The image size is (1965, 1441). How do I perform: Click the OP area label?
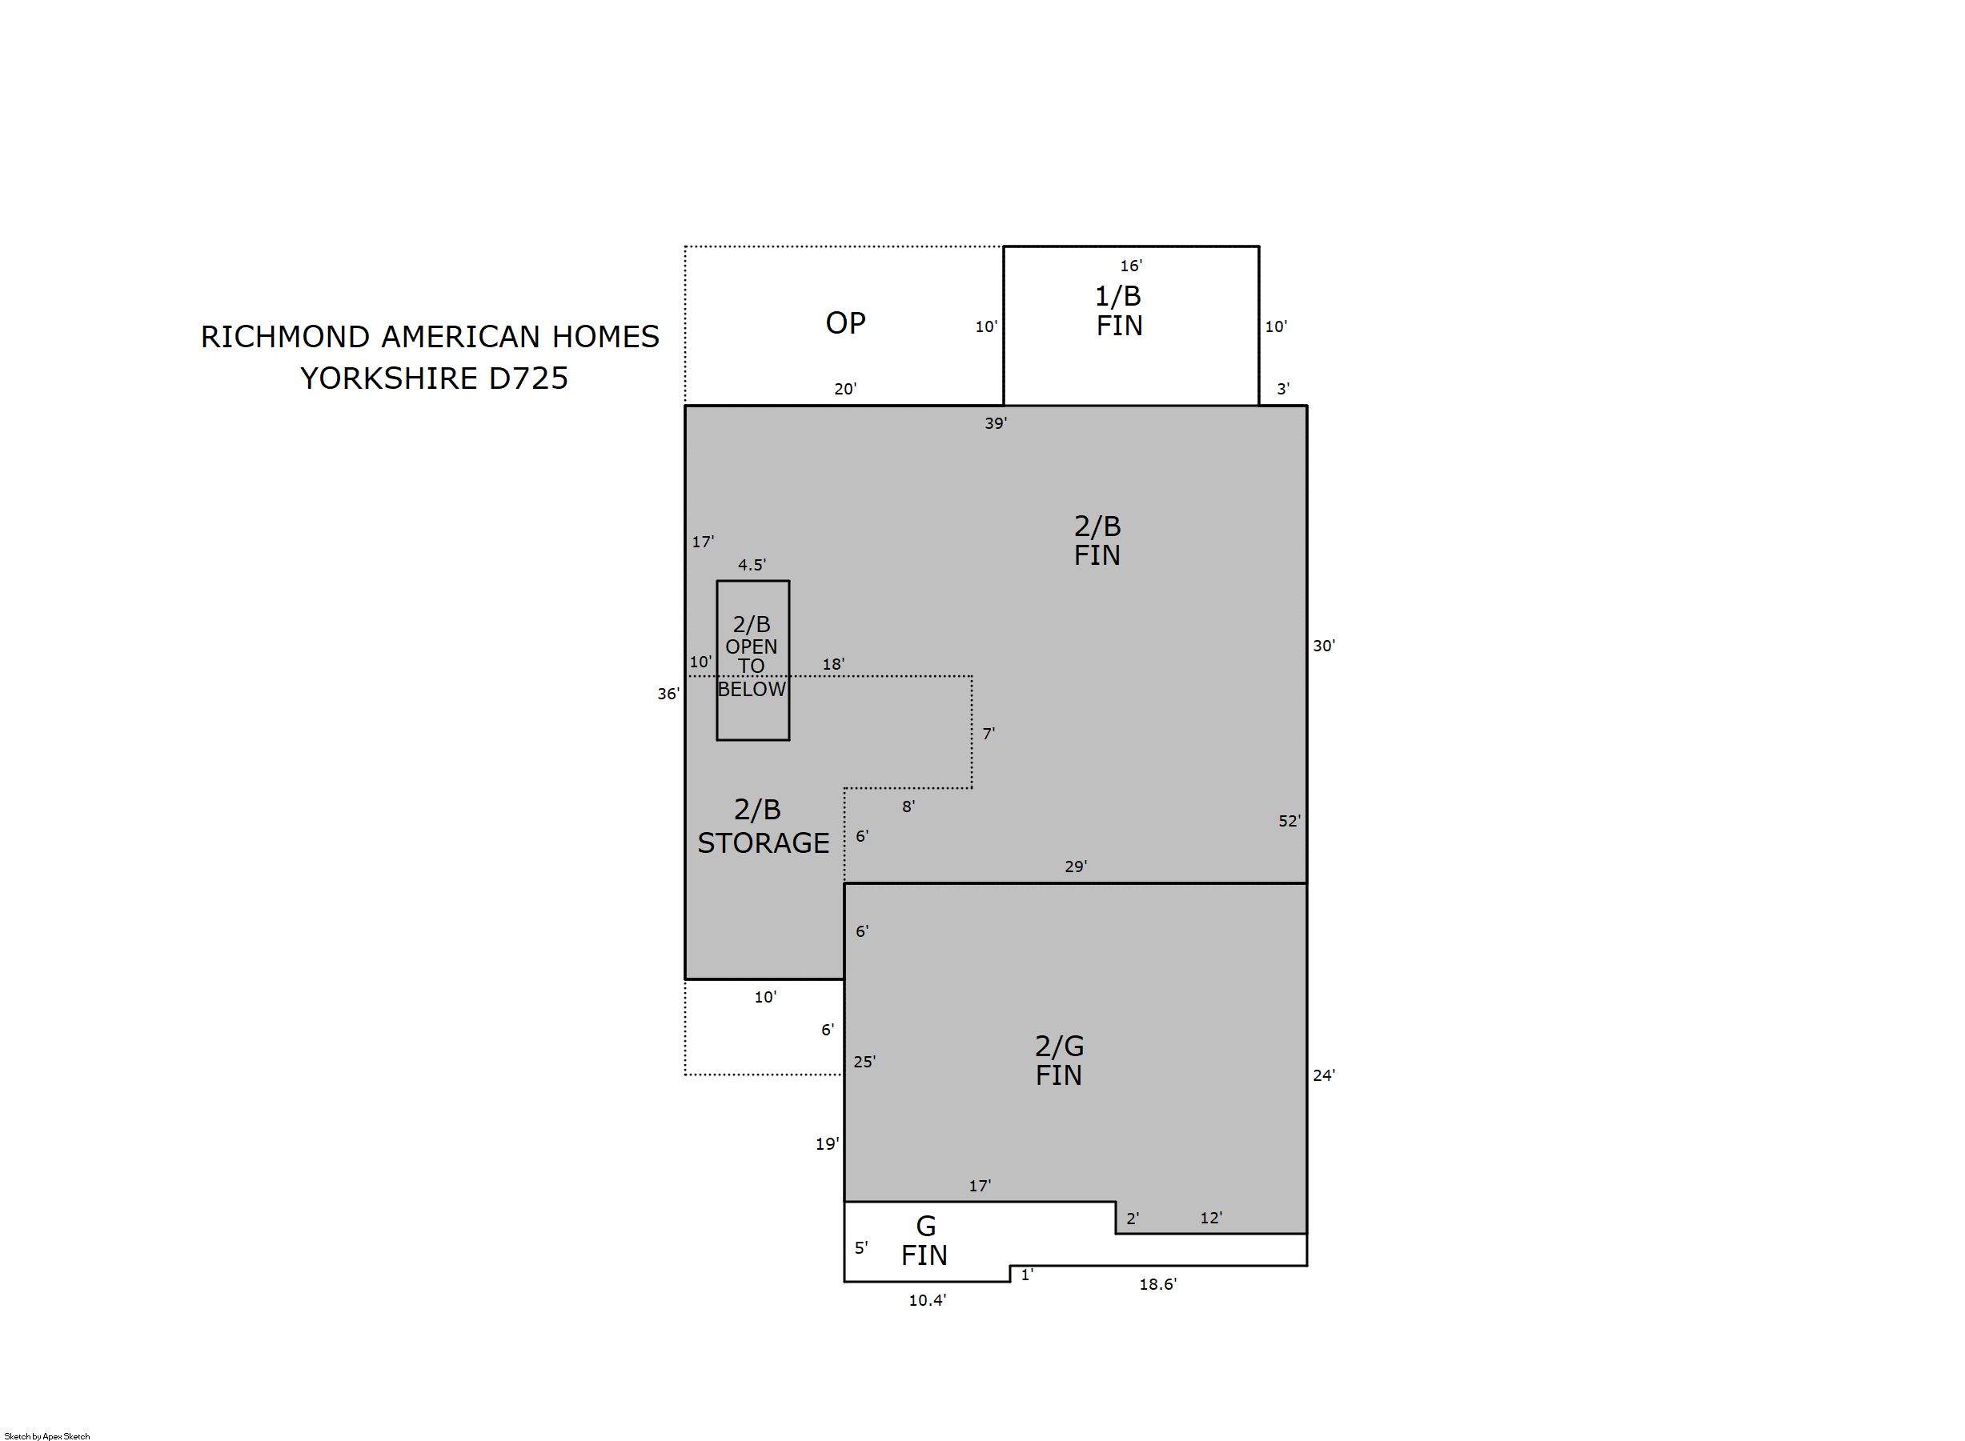[x=844, y=322]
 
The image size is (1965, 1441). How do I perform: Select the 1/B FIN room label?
[x=1119, y=310]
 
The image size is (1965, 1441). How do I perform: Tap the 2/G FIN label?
[x=1059, y=1060]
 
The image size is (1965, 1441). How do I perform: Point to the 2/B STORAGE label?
[x=763, y=826]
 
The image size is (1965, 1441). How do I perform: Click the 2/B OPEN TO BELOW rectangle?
[x=717, y=660]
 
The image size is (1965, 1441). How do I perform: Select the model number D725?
[x=529, y=378]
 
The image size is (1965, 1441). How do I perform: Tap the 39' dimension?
[x=996, y=423]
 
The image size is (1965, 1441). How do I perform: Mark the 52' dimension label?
[x=1289, y=821]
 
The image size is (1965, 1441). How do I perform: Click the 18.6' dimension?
[x=1158, y=1284]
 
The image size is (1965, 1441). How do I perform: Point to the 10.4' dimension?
[x=927, y=1299]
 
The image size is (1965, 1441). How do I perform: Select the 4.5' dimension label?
[x=752, y=564]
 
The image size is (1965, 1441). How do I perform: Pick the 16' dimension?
[x=1131, y=265]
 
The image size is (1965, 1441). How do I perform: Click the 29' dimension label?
[x=1075, y=867]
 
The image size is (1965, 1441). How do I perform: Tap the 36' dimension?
[x=668, y=694]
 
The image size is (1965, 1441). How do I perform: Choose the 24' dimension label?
[x=1324, y=1075]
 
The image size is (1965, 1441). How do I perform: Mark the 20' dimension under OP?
[x=844, y=389]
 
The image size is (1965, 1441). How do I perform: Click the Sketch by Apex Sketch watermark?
[x=47, y=1435]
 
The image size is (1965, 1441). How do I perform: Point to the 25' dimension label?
[x=864, y=1062]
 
